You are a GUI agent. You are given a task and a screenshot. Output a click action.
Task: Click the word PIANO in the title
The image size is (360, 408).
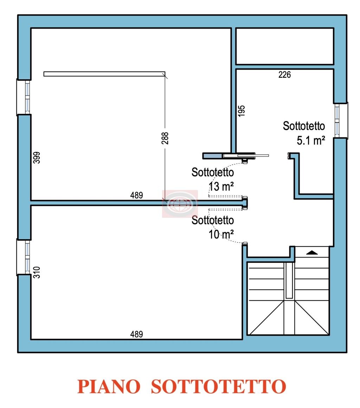109,387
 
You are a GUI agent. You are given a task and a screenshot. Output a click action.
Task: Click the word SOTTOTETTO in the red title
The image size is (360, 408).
219,387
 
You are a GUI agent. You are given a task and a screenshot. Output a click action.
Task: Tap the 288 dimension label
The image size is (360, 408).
165,138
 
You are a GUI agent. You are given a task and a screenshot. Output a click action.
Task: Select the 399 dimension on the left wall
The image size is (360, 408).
37,158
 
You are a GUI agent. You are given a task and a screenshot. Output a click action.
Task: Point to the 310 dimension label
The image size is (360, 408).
37,273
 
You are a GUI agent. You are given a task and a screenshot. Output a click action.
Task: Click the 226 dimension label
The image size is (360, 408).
284,75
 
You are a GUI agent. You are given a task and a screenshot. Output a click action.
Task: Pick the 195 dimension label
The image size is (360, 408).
242,111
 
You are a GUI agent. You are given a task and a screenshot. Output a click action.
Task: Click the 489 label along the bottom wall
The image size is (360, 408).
136,334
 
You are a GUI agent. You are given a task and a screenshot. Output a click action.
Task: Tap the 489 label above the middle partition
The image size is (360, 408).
136,195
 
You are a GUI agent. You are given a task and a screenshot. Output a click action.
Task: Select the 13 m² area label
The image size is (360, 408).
221,186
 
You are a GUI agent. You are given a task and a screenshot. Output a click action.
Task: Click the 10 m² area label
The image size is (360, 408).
221,235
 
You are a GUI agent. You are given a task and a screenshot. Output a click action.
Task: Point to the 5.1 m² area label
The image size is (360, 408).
311,141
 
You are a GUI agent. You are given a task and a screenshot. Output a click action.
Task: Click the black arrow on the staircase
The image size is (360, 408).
311,253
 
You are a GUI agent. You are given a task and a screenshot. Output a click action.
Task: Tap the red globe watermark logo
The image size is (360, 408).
180,204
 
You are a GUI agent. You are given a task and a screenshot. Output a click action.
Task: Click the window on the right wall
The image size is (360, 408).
341,121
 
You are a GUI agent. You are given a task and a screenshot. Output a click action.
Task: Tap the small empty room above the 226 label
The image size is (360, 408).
284,46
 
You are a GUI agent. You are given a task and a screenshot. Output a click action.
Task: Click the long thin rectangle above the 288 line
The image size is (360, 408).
104,74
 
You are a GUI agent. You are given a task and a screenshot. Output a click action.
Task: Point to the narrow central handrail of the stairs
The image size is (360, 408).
289,280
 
